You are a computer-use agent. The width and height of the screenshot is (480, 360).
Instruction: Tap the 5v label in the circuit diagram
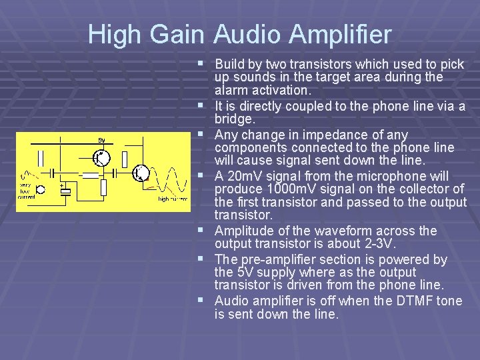[x=101, y=141]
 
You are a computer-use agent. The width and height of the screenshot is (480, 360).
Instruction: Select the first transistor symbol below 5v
[x=101, y=158]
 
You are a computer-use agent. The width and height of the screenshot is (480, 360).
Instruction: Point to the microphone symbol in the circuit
[x=42, y=189]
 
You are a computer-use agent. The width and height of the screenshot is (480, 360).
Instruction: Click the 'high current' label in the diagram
[x=172, y=199]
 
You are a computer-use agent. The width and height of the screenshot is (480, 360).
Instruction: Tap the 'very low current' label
[x=27, y=191]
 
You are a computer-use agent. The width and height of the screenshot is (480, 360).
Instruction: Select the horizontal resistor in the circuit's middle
[x=89, y=176]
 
